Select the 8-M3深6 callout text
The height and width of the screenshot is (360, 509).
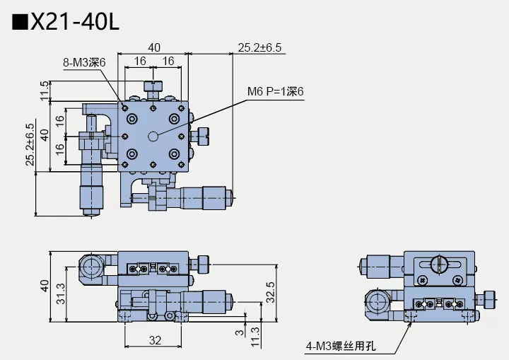(83, 62)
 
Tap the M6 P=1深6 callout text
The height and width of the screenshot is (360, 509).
(274, 91)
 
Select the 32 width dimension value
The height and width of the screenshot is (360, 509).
(156, 340)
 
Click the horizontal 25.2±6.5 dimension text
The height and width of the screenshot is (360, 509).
(259, 47)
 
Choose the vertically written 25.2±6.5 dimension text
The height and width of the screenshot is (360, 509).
(30, 146)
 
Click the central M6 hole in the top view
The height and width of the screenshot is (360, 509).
(153, 134)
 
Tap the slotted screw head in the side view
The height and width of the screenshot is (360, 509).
(437, 265)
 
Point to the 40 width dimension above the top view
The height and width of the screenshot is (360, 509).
(154, 47)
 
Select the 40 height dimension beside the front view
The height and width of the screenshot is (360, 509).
(45, 286)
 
